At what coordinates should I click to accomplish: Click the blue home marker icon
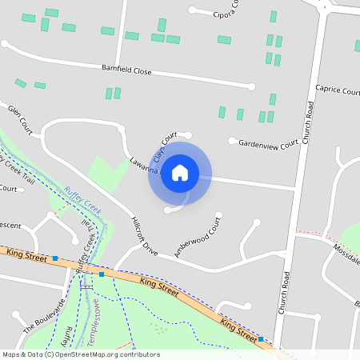[180, 173]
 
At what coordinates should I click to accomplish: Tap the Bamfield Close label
[126, 71]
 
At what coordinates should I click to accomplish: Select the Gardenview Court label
[268, 142]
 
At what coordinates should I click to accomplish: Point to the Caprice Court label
[337, 90]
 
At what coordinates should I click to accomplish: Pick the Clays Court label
[164, 147]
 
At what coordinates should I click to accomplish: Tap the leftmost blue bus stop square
[55, 258]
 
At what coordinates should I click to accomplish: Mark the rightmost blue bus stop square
[262, 339]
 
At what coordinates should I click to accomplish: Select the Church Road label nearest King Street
[284, 292]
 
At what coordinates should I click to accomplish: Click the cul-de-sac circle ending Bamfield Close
[251, 86]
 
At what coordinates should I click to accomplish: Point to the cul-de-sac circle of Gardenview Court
[232, 142]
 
